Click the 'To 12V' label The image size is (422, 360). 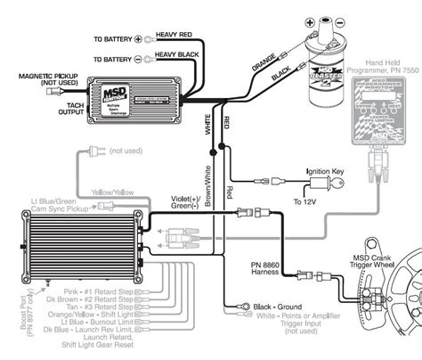coord(305,203)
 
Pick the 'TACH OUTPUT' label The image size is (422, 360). coord(65,105)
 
